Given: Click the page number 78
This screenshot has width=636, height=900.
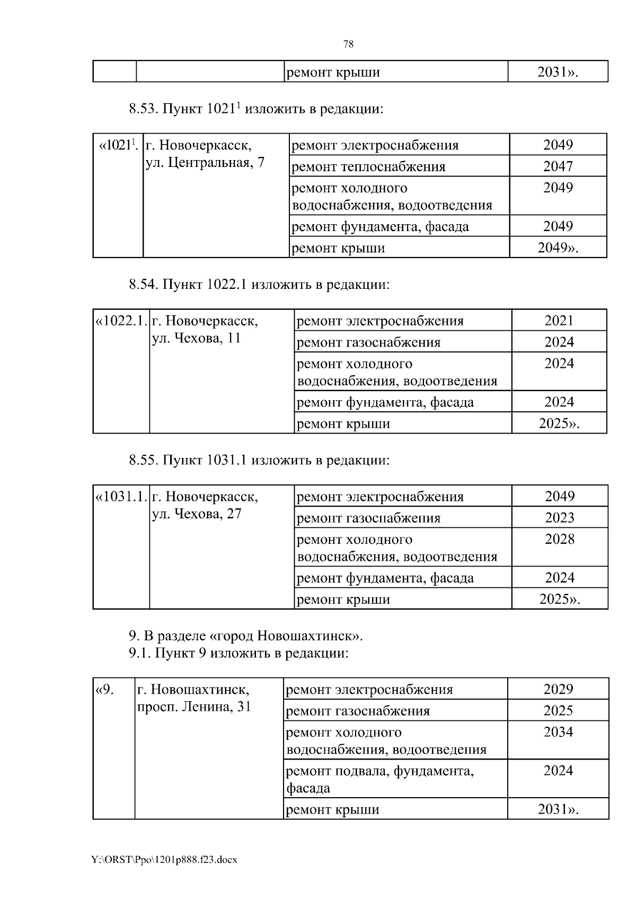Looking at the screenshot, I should point(348,45).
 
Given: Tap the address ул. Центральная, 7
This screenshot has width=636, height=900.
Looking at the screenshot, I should point(205,162).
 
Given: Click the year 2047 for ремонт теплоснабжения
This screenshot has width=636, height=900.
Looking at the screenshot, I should point(558,166).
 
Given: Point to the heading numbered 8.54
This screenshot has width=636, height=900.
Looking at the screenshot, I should point(259,285).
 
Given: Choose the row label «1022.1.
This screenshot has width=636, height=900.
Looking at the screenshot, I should point(120,321).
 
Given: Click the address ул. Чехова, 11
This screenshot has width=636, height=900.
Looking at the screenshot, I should point(197,338).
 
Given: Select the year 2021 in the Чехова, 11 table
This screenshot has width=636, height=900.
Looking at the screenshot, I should point(559,320).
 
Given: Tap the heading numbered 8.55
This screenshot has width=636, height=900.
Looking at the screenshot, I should point(259,460).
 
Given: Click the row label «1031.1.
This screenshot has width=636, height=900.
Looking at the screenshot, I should point(120,497).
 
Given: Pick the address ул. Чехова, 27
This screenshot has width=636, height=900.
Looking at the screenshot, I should point(197,514).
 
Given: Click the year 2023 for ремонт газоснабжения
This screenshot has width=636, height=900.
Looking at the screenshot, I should point(560,517).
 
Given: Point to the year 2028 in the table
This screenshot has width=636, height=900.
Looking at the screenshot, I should point(560,539).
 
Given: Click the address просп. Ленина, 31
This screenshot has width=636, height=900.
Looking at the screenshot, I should point(194,707).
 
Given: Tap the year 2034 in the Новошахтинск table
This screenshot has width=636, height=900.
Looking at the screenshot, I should point(558,732).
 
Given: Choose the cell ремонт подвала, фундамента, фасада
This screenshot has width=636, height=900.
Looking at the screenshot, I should point(379,779).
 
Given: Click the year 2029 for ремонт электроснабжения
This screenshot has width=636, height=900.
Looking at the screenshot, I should point(558,689).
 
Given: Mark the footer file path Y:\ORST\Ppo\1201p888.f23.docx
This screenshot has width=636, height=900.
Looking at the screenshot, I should point(164,860).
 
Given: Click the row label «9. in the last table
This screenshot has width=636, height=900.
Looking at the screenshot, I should point(104,690).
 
